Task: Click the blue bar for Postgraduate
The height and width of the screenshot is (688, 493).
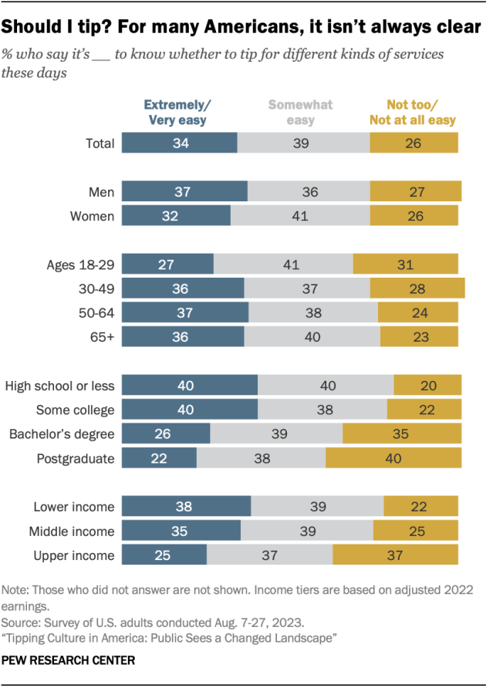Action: coord(160,458)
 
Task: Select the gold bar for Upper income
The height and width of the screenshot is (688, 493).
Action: coord(395,555)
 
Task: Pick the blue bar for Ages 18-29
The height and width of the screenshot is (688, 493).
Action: coord(168,264)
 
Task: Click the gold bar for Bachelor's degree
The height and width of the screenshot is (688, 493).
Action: coord(402,434)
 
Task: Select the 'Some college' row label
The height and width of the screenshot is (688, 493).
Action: coord(76,410)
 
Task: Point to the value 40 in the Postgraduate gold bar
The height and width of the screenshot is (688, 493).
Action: coord(393,458)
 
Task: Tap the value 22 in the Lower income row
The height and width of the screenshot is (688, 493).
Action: coord(420,507)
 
